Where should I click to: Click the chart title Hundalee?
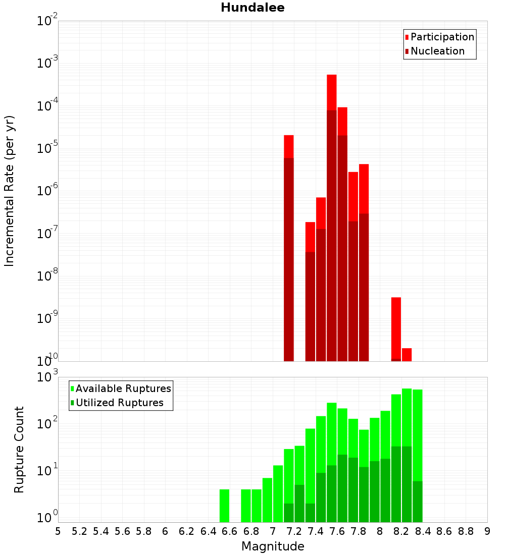[x=252, y=8]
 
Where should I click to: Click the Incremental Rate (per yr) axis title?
[x=10, y=191]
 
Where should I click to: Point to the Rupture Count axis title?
[x=19, y=450]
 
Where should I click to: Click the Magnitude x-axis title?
[x=273, y=546]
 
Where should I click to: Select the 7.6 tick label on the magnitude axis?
[x=337, y=531]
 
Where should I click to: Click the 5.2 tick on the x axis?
[x=79, y=531]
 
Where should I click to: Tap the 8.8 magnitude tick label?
[x=466, y=531]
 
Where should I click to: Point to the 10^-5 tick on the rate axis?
[x=47, y=148]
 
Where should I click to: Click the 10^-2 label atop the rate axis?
[x=47, y=21]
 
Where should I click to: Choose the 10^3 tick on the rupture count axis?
[x=47, y=377]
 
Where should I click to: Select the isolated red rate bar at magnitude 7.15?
[x=289, y=146]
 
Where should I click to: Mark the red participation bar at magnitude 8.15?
[x=396, y=328]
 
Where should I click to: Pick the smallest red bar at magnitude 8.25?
[x=407, y=355]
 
